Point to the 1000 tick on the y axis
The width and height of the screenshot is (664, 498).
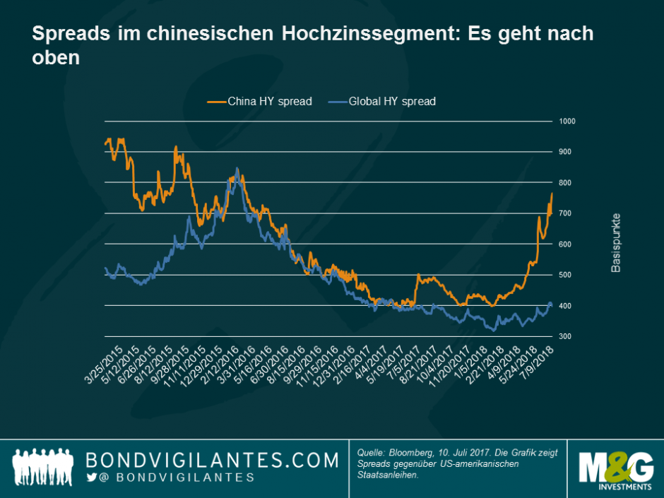pos(568,121)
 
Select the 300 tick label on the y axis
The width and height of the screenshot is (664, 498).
pos(566,336)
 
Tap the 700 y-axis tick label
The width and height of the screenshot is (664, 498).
pos(566,213)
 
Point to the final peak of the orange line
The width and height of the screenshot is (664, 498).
pos(551,193)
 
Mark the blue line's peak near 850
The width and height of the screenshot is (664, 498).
pos(237,168)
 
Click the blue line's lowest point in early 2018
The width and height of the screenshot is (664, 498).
pos(493,330)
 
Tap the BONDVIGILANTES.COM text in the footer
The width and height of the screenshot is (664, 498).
pos(212,461)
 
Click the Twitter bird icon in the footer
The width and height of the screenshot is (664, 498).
pos(91,478)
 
